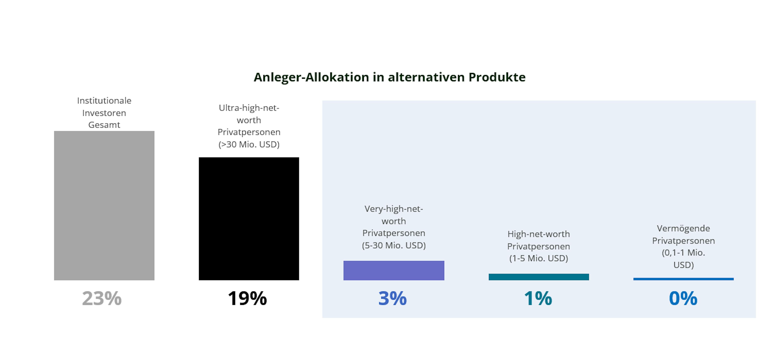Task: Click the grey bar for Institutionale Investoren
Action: pos(104,206)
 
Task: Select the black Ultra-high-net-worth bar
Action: pos(249,219)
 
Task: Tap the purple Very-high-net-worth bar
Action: pos(394,271)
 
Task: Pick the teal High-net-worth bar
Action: pos(538,277)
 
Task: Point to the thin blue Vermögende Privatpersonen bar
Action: pos(683,279)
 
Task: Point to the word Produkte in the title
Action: pos(497,77)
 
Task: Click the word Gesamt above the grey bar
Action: pos(104,125)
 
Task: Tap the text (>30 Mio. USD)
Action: pos(249,145)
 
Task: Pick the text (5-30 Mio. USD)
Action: pos(394,245)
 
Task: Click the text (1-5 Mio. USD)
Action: pos(538,258)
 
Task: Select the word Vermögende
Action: pos(683,229)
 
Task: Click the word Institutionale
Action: pos(104,101)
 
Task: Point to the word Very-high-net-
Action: pos(394,209)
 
